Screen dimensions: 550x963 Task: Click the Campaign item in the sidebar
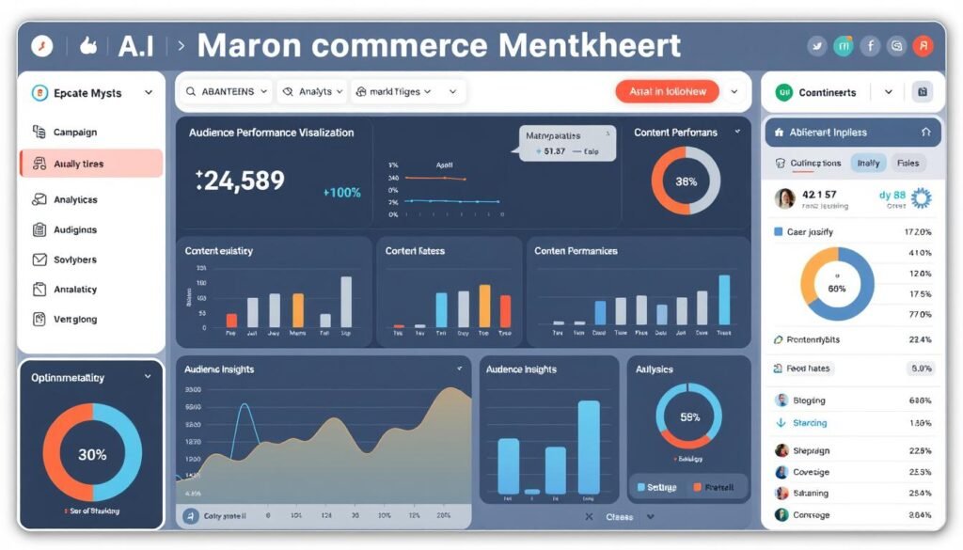pos(75,133)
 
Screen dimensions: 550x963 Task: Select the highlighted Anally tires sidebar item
pos(79,164)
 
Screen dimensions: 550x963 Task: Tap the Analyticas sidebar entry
pos(75,199)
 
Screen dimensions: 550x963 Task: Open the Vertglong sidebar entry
pos(75,320)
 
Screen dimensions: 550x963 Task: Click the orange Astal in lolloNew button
pos(667,91)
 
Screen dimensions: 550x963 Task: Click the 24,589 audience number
pos(241,181)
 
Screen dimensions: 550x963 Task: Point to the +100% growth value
pos(341,192)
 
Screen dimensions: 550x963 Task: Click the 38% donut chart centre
pos(686,181)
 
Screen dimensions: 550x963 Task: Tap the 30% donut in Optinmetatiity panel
pos(92,454)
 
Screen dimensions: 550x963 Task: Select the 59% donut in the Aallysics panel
pos(688,416)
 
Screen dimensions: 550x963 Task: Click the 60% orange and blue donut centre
pos(836,288)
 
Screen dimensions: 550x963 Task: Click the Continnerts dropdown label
pos(827,92)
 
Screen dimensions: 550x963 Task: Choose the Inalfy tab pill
pos(868,163)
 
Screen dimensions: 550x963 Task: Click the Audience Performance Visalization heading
pos(271,133)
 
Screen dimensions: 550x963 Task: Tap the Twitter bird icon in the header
pos(816,46)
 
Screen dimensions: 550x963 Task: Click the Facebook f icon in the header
pos(871,46)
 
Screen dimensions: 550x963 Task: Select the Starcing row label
pos(810,423)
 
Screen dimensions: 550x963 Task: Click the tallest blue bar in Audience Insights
pos(589,447)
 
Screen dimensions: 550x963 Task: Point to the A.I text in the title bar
pos(135,46)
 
